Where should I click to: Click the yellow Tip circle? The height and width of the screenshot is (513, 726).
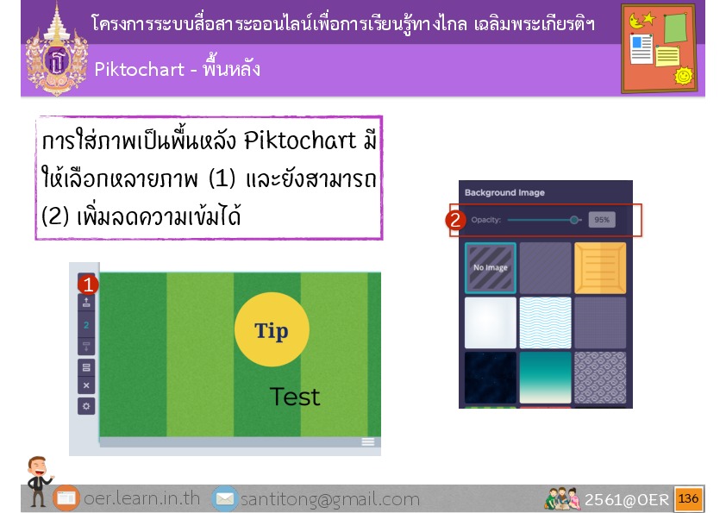coord(272,329)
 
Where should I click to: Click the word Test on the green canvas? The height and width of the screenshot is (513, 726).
coord(295,397)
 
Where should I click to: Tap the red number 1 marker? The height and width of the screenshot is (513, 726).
coord(87,285)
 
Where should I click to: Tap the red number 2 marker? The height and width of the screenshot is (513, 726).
coord(455,220)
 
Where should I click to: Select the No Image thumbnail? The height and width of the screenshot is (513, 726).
coord(491,267)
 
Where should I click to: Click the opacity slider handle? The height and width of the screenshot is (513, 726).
coord(574,220)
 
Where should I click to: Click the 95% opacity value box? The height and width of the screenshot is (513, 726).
coord(602,220)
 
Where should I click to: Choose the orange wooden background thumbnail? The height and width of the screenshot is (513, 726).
coord(600,267)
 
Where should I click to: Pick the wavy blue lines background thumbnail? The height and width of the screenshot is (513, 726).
coord(546,322)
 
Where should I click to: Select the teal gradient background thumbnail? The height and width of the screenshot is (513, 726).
coord(546,378)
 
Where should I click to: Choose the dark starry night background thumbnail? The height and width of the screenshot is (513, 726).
coord(491,378)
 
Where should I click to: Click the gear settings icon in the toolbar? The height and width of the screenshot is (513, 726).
coord(86,406)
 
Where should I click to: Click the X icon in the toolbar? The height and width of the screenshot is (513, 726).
coord(86,385)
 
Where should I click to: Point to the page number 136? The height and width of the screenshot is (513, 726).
coord(689,498)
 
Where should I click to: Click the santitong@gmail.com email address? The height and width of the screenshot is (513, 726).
coord(330,499)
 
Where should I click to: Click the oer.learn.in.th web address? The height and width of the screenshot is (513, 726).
coord(141,498)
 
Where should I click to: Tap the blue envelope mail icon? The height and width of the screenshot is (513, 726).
coord(225,498)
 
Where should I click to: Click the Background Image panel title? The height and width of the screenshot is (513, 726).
coord(504,192)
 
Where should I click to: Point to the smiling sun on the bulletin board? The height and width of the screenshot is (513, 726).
coord(684,76)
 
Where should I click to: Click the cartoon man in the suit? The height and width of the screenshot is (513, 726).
coord(38,480)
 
